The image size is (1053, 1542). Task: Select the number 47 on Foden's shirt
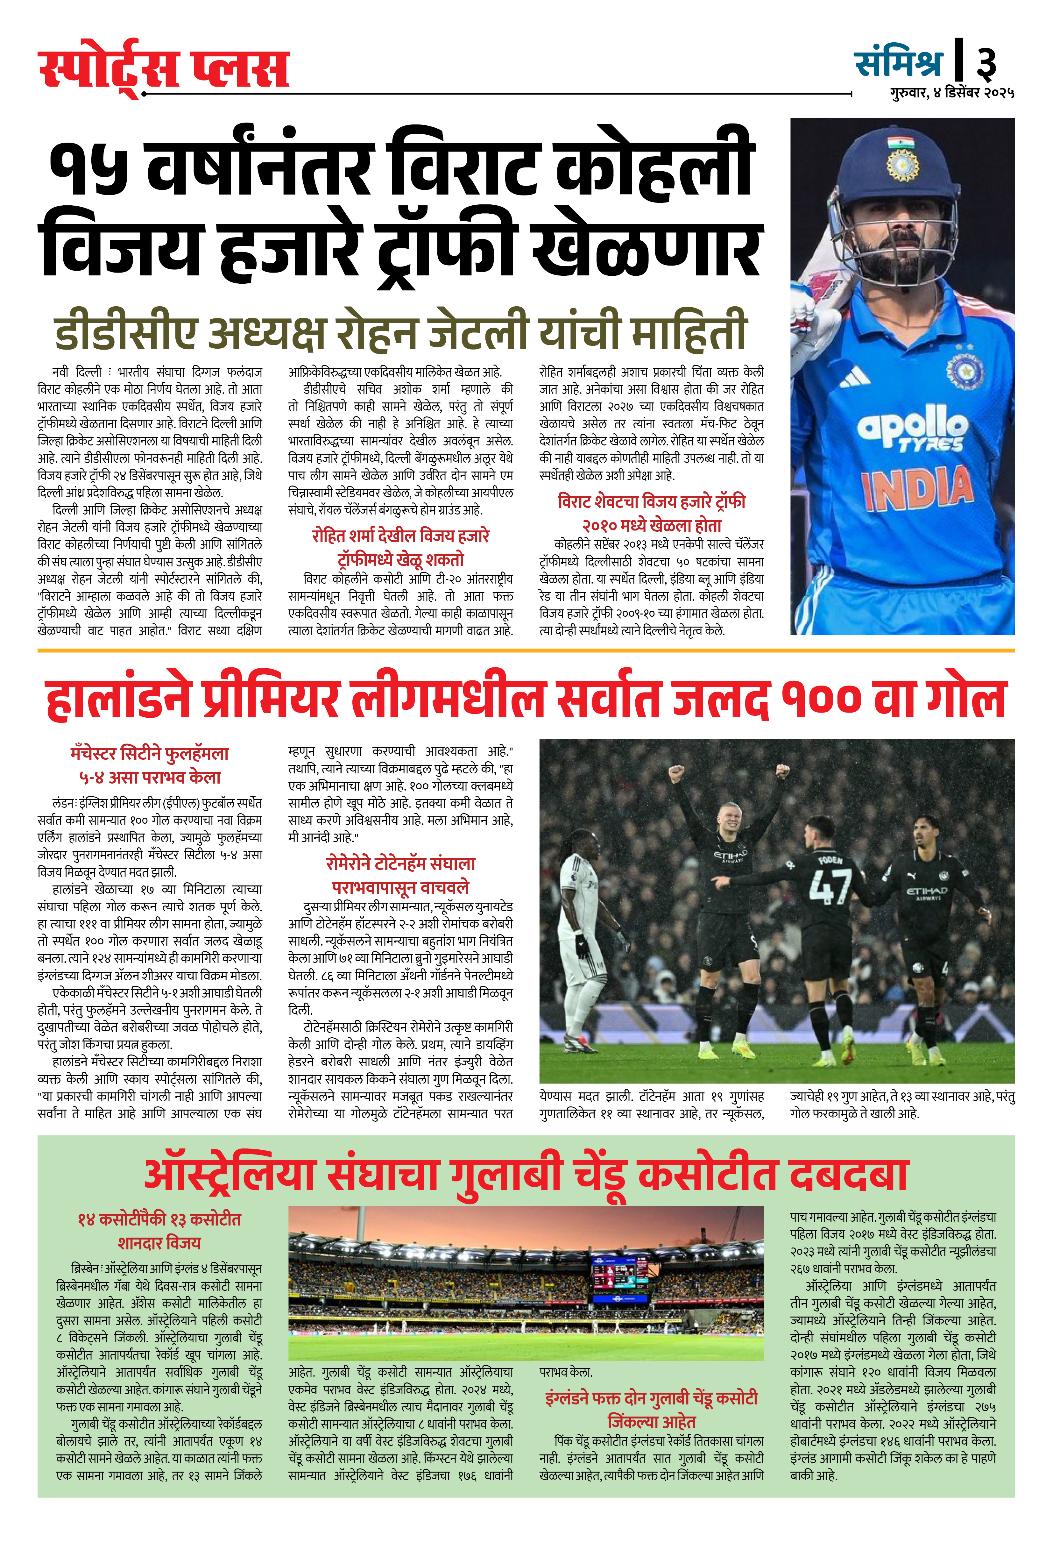[830, 886]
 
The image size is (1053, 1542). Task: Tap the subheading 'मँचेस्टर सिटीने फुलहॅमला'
[150, 754]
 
